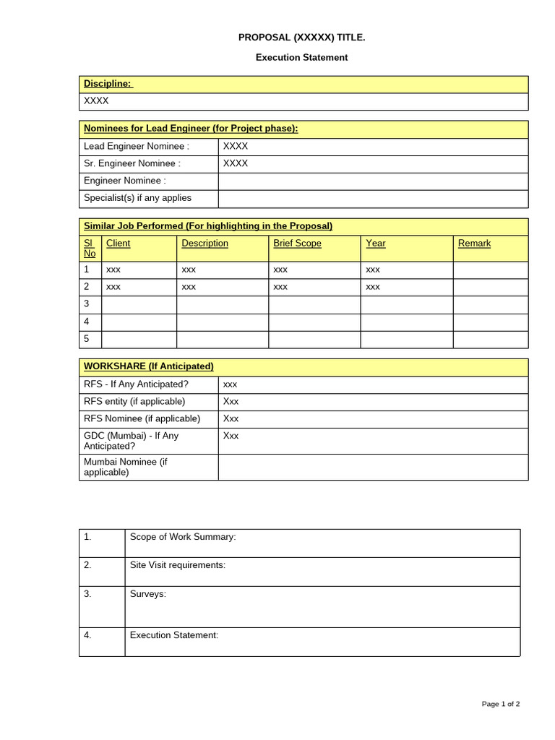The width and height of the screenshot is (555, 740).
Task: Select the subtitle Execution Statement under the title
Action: click(x=301, y=57)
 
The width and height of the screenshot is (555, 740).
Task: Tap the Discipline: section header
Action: click(x=108, y=84)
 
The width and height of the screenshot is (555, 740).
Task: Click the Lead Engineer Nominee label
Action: click(x=137, y=146)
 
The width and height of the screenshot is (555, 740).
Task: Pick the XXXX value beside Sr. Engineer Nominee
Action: click(x=236, y=163)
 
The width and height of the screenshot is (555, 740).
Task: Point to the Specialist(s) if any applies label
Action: click(x=137, y=198)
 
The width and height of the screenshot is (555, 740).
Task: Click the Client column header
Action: click(x=118, y=244)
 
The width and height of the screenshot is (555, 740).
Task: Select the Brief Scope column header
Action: click(x=297, y=244)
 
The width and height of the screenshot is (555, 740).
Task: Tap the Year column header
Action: click(x=375, y=244)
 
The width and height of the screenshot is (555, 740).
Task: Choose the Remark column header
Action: click(x=474, y=244)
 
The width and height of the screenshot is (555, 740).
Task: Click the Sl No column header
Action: click(x=90, y=248)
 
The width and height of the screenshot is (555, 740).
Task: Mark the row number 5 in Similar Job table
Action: click(x=87, y=339)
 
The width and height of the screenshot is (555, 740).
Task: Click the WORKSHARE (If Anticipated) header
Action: click(x=149, y=366)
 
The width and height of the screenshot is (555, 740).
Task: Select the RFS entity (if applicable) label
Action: click(x=134, y=401)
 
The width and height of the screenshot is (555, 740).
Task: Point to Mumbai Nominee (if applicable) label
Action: click(x=125, y=467)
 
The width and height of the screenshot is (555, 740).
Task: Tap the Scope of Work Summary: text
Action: click(x=183, y=536)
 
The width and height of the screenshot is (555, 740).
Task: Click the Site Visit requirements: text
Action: click(x=177, y=565)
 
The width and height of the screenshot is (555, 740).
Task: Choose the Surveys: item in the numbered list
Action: click(x=147, y=594)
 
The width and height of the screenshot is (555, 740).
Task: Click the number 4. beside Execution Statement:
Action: click(x=87, y=635)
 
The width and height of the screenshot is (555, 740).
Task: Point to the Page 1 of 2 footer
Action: click(x=501, y=704)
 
